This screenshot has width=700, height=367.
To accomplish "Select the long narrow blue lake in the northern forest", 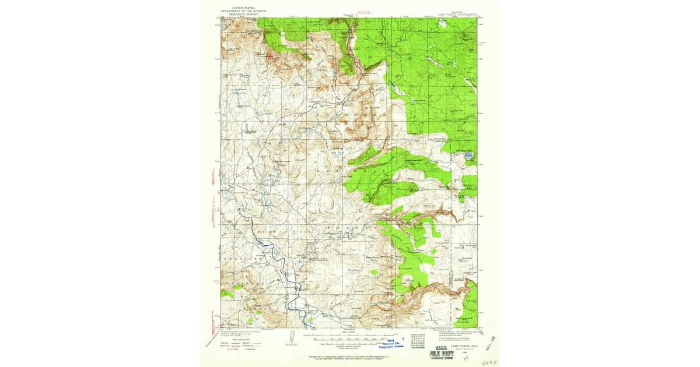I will click(x=396, y=88).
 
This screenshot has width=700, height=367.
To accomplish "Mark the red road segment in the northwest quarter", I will click(x=280, y=123).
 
